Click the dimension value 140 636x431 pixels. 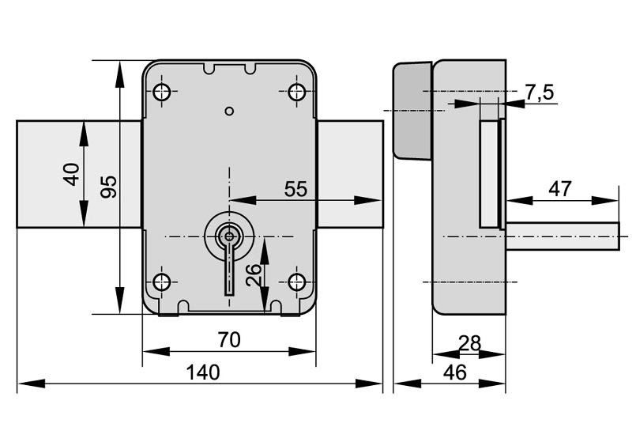pos(203,372)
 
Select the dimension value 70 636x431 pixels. pos(228,339)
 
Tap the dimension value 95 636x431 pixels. pos(109,186)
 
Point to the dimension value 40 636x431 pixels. pos(72,174)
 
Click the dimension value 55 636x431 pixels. pos(295,189)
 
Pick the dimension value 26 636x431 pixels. pos(253,274)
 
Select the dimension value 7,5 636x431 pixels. pos(539,93)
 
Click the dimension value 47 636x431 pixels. pos(560,189)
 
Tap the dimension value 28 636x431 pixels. pos(469,343)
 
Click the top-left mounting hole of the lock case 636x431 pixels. pos(161,92)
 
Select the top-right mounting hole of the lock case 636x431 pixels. pos(297,92)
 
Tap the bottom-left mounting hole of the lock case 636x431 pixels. pos(161,282)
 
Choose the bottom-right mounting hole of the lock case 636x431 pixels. pos(297,282)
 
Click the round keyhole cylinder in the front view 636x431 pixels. pos(229,235)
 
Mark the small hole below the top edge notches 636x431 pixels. pos(229,111)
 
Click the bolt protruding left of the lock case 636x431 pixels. pos(79,174)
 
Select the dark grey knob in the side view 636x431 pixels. pos(412,111)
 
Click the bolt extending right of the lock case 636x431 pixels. pos(350,174)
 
